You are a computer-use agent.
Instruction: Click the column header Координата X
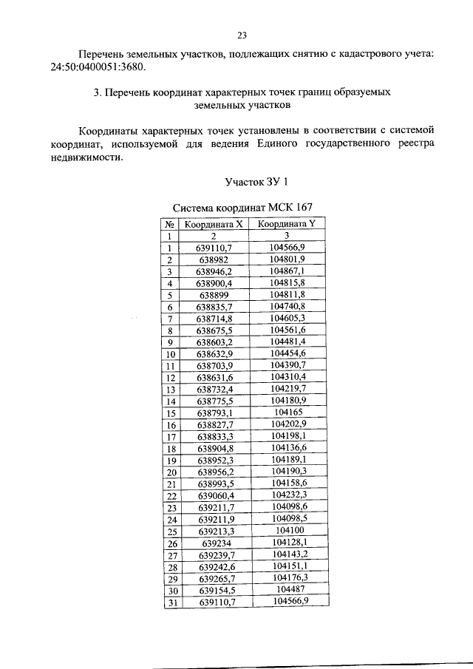[x=214, y=223]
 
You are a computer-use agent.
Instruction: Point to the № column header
[x=169, y=223]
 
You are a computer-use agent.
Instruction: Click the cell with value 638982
[x=214, y=259]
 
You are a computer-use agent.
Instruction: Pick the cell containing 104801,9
[x=289, y=259]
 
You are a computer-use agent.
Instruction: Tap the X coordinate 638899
[x=214, y=295]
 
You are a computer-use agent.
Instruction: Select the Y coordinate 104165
[x=289, y=412]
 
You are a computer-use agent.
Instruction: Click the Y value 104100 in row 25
[x=289, y=531]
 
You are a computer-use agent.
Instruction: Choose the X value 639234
[x=214, y=543]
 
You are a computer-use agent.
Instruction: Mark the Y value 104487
[x=289, y=590]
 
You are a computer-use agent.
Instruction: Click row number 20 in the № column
[x=169, y=472]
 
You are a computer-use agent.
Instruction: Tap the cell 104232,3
[x=289, y=495]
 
